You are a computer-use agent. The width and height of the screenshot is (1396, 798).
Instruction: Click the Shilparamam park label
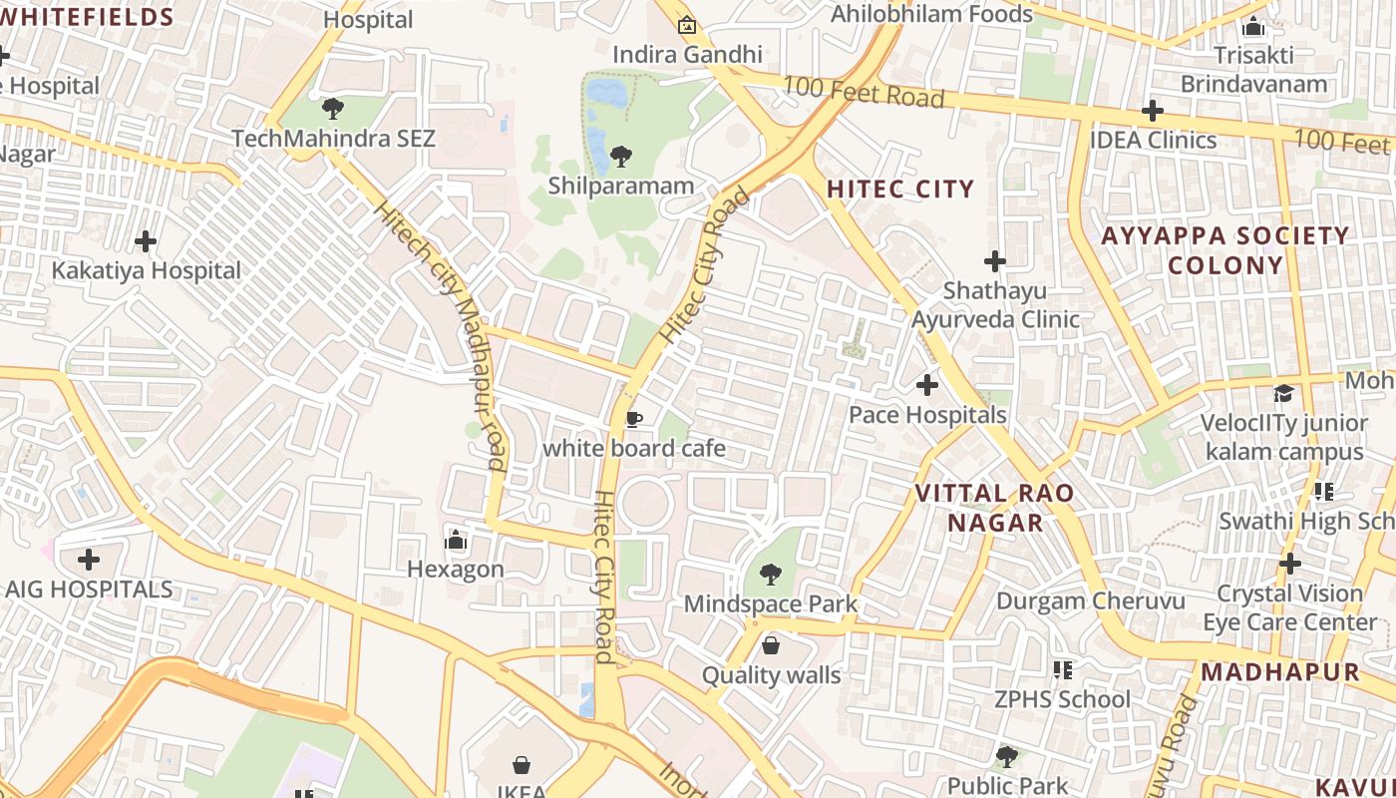pyautogui.click(x=620, y=186)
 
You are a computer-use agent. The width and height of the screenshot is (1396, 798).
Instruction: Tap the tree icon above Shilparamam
pyautogui.click(x=621, y=156)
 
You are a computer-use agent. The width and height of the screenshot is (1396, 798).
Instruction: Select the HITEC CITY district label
pyautogui.click(x=899, y=189)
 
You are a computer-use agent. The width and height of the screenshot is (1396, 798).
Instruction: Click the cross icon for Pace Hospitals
pyautogui.click(x=927, y=384)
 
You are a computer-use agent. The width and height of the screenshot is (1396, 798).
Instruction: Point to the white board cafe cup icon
pyautogui.click(x=633, y=419)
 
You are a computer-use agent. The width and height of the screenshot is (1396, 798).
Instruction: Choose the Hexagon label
pyautogui.click(x=456, y=570)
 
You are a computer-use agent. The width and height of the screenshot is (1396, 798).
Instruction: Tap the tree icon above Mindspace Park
pyautogui.click(x=770, y=574)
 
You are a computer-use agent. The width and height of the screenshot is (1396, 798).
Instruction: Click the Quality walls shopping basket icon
pyautogui.click(x=771, y=645)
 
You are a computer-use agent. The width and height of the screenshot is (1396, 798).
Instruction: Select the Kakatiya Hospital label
pyautogui.click(x=146, y=270)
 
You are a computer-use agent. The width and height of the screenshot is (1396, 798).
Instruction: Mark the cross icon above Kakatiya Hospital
pyautogui.click(x=146, y=240)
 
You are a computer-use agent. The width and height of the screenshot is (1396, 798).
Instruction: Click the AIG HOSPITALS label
pyautogui.click(x=89, y=590)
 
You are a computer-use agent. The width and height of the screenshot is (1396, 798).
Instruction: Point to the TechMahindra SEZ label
pyautogui.click(x=333, y=138)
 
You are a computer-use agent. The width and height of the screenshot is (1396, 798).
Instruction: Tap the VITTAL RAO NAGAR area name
pyautogui.click(x=994, y=508)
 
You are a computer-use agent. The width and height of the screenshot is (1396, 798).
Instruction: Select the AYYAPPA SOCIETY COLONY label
pyautogui.click(x=1224, y=250)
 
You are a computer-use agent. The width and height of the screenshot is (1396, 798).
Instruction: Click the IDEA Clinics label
pyautogui.click(x=1153, y=140)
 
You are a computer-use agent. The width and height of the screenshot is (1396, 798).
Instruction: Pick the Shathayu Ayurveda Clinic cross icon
pyautogui.click(x=994, y=261)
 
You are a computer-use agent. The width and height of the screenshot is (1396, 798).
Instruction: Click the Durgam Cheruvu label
pyautogui.click(x=1090, y=601)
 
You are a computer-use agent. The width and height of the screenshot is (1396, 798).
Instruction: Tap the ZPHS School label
pyautogui.click(x=1062, y=699)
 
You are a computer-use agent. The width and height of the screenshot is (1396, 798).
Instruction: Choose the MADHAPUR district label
pyautogui.click(x=1280, y=671)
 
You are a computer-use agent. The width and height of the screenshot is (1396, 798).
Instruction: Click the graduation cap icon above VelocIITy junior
pyautogui.click(x=1283, y=393)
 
